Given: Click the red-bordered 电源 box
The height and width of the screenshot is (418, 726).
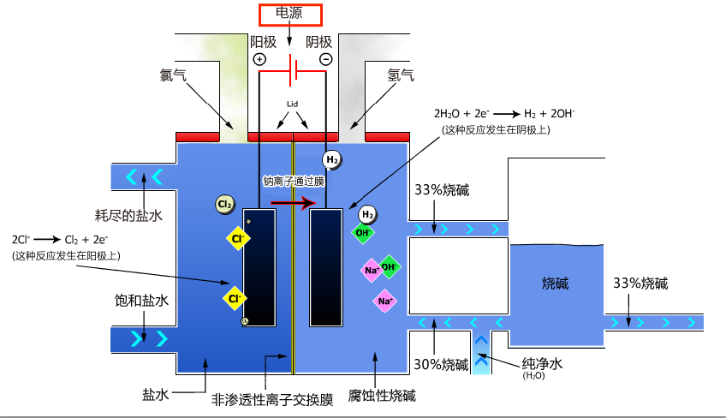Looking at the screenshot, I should coord(289,15).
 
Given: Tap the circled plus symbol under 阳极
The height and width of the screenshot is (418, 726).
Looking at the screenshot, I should coord(259,59).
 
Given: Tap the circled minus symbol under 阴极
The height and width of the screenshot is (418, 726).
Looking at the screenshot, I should coord(325,59).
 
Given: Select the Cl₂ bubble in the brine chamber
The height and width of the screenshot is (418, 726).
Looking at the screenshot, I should coord(225,205).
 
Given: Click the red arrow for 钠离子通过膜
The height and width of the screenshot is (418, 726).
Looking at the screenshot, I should coord(289,203).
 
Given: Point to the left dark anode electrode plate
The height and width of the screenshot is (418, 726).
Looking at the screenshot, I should coord(259,266).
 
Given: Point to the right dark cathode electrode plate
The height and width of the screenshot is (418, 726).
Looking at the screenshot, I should coord(326,266).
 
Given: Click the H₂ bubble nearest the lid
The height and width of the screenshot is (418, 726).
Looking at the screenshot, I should coord(332,159).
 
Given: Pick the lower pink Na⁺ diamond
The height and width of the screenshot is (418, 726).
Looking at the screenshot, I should coord(384,301).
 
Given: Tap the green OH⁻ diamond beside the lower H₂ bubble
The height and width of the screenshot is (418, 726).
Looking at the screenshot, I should coord(362,232).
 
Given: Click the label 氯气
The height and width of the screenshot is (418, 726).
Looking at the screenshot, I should coord(172,75).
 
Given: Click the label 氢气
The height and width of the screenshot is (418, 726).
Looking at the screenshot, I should coord(401,75).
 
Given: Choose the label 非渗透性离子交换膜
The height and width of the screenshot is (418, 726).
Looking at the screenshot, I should coord(272,399).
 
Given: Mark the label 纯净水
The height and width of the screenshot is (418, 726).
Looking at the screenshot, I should coord(542,363).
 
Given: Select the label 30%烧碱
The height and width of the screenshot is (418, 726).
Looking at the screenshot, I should coord(442,364).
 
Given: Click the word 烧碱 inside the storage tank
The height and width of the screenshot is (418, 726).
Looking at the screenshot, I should coord(556,284).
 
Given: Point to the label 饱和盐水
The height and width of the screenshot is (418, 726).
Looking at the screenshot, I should coord(141,301).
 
